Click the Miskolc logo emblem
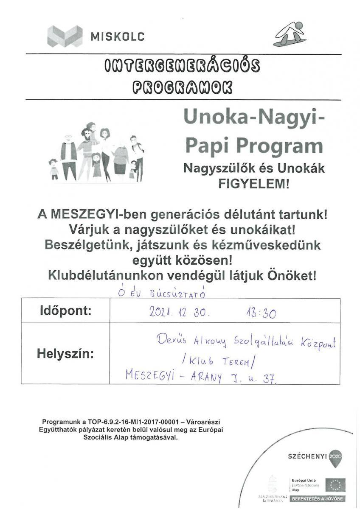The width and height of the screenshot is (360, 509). point(65,36)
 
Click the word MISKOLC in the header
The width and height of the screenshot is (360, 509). point(118,36)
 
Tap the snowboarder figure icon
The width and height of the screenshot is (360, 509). point(290,34)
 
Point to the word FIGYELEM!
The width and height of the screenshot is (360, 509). point(253,185)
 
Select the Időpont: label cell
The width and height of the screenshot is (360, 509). point(65,310)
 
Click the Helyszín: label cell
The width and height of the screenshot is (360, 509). point(65,354)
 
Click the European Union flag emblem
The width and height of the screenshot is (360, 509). point(335,484)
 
